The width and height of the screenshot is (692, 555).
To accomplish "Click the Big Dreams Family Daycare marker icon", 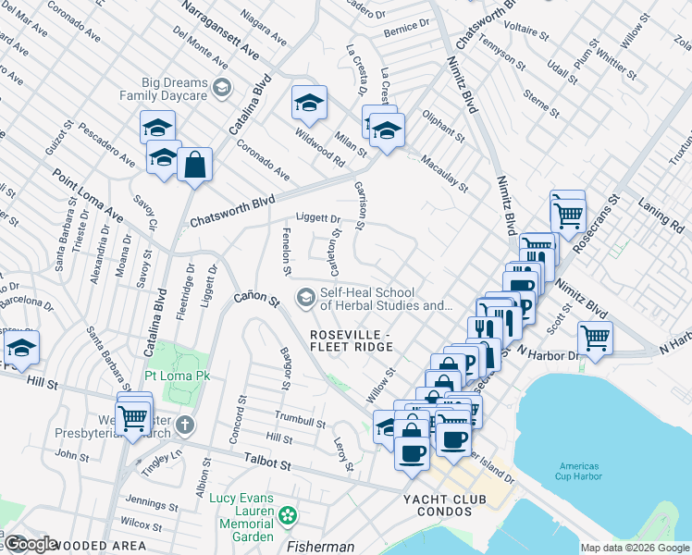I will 222,89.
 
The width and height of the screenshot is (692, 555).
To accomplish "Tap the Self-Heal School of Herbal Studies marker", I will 304,298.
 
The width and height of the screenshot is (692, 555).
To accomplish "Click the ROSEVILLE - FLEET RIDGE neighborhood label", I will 351,339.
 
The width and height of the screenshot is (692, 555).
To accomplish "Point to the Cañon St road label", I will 255,298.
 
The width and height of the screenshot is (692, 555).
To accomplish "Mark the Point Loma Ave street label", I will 88,195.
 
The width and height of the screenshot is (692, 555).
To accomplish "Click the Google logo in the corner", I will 31,543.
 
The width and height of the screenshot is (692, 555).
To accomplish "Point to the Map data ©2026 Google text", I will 635,548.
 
